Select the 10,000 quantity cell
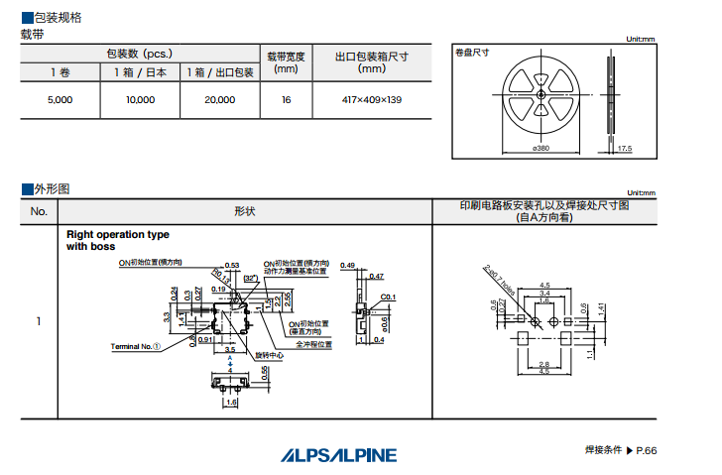tap(141, 100)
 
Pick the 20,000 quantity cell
tap(219, 100)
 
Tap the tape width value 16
tap(286, 100)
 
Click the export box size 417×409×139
tap(372, 100)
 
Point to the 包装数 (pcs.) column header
tap(140, 54)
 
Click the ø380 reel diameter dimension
tap(541, 148)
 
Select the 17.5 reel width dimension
tap(624, 148)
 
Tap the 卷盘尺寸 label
tap(473, 53)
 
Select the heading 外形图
tap(51, 188)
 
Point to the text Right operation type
tap(118, 235)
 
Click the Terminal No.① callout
tap(135, 346)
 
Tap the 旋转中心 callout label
tap(273, 354)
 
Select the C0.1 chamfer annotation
tap(388, 297)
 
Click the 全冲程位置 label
tap(312, 345)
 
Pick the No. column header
tap(39, 211)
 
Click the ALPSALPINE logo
tap(337, 454)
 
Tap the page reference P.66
tap(645, 450)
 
